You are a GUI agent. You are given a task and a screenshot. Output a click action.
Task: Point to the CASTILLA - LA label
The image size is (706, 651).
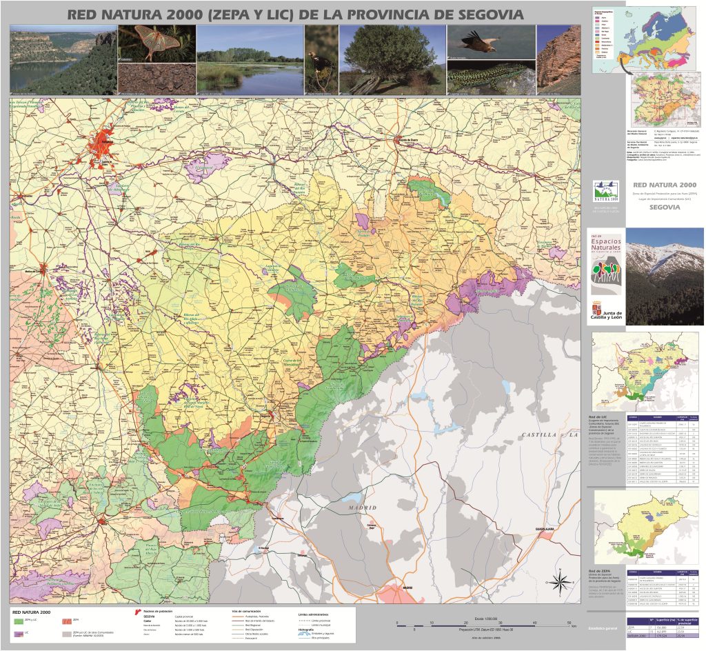549,436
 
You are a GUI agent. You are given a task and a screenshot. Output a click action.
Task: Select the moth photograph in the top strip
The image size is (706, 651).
157,44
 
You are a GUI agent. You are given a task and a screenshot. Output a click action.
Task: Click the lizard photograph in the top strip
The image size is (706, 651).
491,77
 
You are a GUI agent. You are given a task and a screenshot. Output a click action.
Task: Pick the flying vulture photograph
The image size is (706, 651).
491,41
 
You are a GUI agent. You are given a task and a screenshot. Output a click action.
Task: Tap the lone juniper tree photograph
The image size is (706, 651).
392,60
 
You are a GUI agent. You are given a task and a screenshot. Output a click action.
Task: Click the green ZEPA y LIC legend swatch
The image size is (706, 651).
19,621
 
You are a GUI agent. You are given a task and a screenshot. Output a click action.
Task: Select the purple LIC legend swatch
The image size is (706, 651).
19,632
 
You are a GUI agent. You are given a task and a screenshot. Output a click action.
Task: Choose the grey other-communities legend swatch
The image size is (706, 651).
67,632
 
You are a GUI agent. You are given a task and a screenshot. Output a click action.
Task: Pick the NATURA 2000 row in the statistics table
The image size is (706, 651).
662,645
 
